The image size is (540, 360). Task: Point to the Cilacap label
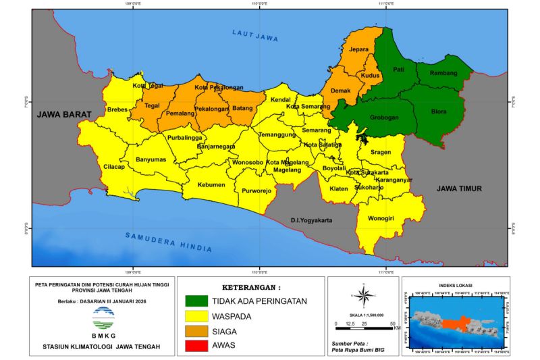tap(114, 167)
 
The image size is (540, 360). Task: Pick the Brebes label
tap(117, 109)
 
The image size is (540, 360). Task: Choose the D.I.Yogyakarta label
tap(314, 220)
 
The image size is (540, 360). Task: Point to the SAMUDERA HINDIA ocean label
tap(169, 241)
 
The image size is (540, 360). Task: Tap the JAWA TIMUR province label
tap(459, 189)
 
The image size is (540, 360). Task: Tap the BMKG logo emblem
tap(103, 316)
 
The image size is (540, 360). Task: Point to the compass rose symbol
tap(362, 295)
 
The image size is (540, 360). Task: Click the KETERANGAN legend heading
tap(250, 286)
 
